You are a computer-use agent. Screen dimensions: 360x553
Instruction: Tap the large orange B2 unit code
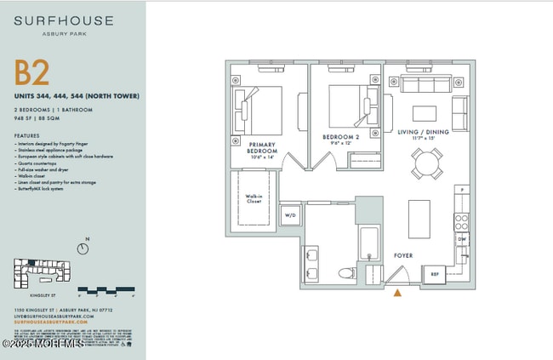pyautogui.click(x=32, y=74)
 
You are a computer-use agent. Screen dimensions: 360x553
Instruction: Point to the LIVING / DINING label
pyautogui.click(x=422, y=132)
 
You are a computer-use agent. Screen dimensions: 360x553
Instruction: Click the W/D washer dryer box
pyautogui.click(x=289, y=215)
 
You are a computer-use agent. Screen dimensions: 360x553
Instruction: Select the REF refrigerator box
pyautogui.click(x=434, y=274)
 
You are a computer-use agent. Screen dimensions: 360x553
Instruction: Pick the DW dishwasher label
pyautogui.click(x=462, y=240)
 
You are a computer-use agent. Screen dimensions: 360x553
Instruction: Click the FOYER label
pyautogui.click(x=403, y=254)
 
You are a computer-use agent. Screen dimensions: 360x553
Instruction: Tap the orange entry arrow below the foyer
pyautogui.click(x=396, y=294)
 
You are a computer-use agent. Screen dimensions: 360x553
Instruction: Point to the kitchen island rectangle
pyautogui.click(x=419, y=219)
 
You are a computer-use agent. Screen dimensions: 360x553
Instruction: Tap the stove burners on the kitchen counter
pyautogui.click(x=461, y=223)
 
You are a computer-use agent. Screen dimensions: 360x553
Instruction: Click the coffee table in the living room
pyautogui.click(x=425, y=113)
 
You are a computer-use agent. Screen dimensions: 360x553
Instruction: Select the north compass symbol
pyautogui.click(x=83, y=249)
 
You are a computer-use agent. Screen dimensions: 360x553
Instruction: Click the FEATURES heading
pyautogui.click(x=27, y=136)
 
